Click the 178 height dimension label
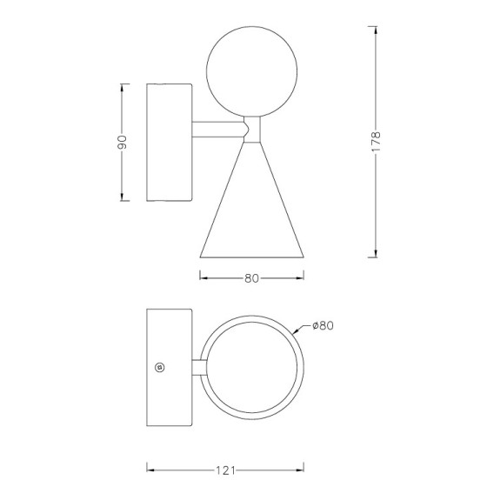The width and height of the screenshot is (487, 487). pyautogui.click(x=376, y=142)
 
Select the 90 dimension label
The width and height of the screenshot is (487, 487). pyautogui.click(x=122, y=143)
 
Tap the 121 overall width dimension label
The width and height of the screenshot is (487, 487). pyautogui.click(x=225, y=470)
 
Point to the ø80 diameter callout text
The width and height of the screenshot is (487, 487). pyautogui.click(x=323, y=325)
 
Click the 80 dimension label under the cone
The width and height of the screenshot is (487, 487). pyautogui.click(x=251, y=278)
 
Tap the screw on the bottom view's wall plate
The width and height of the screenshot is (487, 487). pyautogui.click(x=160, y=367)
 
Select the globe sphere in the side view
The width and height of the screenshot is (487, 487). pyautogui.click(x=252, y=71)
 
